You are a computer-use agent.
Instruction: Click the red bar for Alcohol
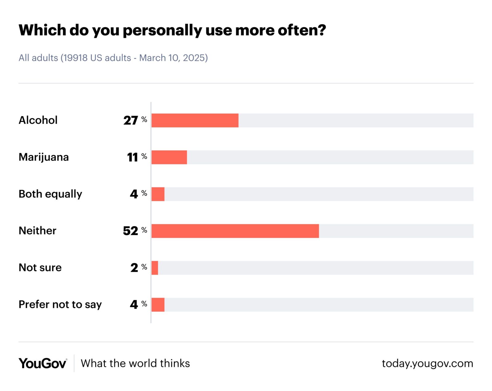click(x=195, y=120)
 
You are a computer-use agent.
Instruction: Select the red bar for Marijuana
click(x=169, y=157)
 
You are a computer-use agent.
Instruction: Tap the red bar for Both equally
click(x=158, y=194)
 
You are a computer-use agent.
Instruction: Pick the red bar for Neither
click(x=235, y=231)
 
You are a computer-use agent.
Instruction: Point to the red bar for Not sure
click(x=155, y=268)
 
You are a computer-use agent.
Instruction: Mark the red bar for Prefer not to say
click(x=158, y=305)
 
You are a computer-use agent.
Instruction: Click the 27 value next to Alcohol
click(x=131, y=120)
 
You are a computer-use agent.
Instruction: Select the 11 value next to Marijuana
click(x=133, y=157)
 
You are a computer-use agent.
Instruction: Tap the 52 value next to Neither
click(x=131, y=231)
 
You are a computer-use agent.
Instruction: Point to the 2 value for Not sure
click(x=134, y=268)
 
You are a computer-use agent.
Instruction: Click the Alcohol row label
click(x=38, y=120)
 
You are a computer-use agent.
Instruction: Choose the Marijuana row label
click(x=44, y=157)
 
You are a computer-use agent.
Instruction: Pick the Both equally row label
click(x=50, y=194)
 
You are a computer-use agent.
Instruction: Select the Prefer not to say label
click(x=60, y=304)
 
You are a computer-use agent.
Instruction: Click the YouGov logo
click(x=43, y=363)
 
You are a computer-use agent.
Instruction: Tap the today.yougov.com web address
click(x=427, y=363)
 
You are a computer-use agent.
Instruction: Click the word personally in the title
click(x=162, y=30)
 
